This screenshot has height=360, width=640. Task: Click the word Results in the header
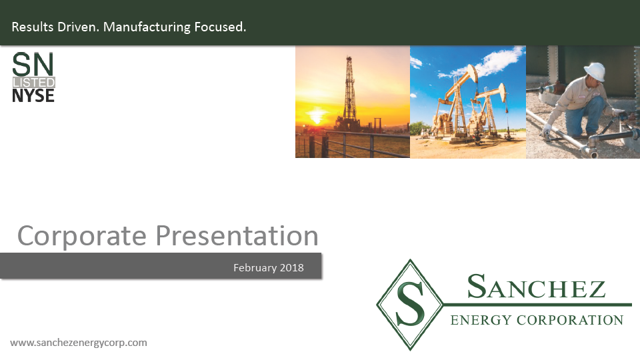[33, 27]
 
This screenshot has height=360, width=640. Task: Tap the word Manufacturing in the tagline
[147, 27]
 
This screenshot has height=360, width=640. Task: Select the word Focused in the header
[220, 27]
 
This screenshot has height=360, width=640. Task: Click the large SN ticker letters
[33, 65]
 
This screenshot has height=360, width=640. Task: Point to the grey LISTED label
[34, 83]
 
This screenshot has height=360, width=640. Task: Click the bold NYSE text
[33, 95]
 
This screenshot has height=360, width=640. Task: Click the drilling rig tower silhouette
[349, 93]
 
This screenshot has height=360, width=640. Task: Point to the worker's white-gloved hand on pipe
[547, 130]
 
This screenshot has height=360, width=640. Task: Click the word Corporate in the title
[81, 236]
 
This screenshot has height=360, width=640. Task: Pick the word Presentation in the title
[237, 236]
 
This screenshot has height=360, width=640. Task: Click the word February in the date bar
[255, 268]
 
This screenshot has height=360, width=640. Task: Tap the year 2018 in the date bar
[292, 268]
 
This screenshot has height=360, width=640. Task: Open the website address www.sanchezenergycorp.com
[79, 343]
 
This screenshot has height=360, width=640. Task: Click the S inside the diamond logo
[410, 304]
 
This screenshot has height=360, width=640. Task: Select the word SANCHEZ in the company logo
[536, 287]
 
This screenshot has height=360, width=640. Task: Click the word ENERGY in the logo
[481, 320]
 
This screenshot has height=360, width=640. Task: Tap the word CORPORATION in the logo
[570, 320]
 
